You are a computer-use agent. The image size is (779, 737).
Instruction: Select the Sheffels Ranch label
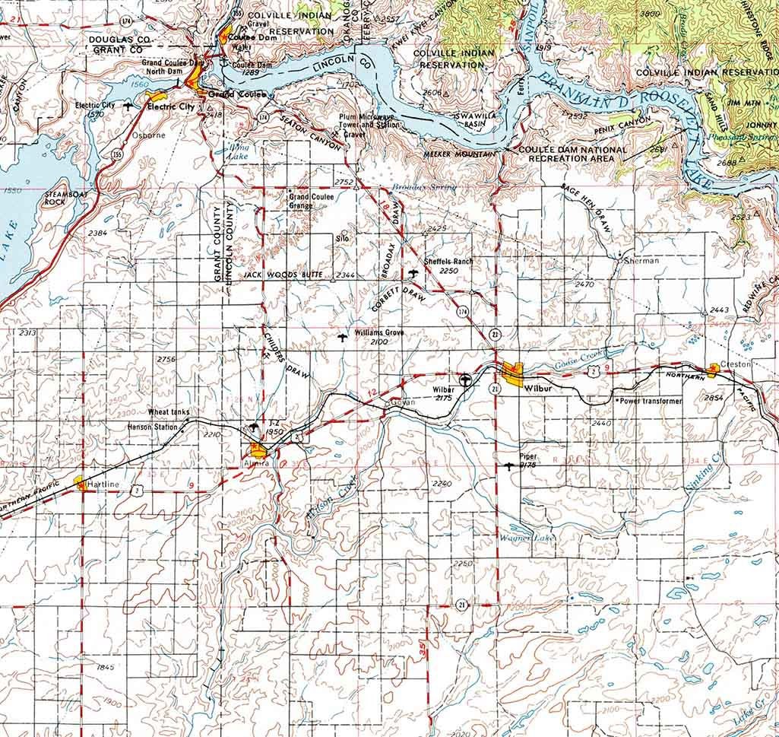[x=448, y=261]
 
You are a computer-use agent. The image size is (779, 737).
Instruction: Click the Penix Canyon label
[x=625, y=123]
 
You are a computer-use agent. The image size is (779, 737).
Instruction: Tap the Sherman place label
[x=641, y=260]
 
